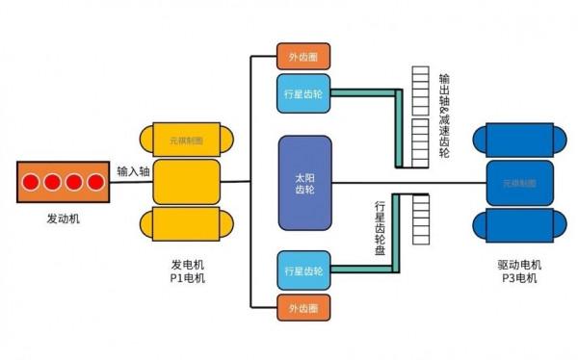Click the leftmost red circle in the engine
(32, 182)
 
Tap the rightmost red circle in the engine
(94, 182)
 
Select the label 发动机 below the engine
(64, 219)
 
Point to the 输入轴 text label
(133, 170)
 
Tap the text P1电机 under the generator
(188, 278)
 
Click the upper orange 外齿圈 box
(302, 56)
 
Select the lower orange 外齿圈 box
(302, 308)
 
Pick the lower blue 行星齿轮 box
(302, 270)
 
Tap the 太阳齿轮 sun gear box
(304, 183)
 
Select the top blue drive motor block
(520, 140)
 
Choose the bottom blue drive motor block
(520, 225)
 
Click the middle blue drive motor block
(520, 182)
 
